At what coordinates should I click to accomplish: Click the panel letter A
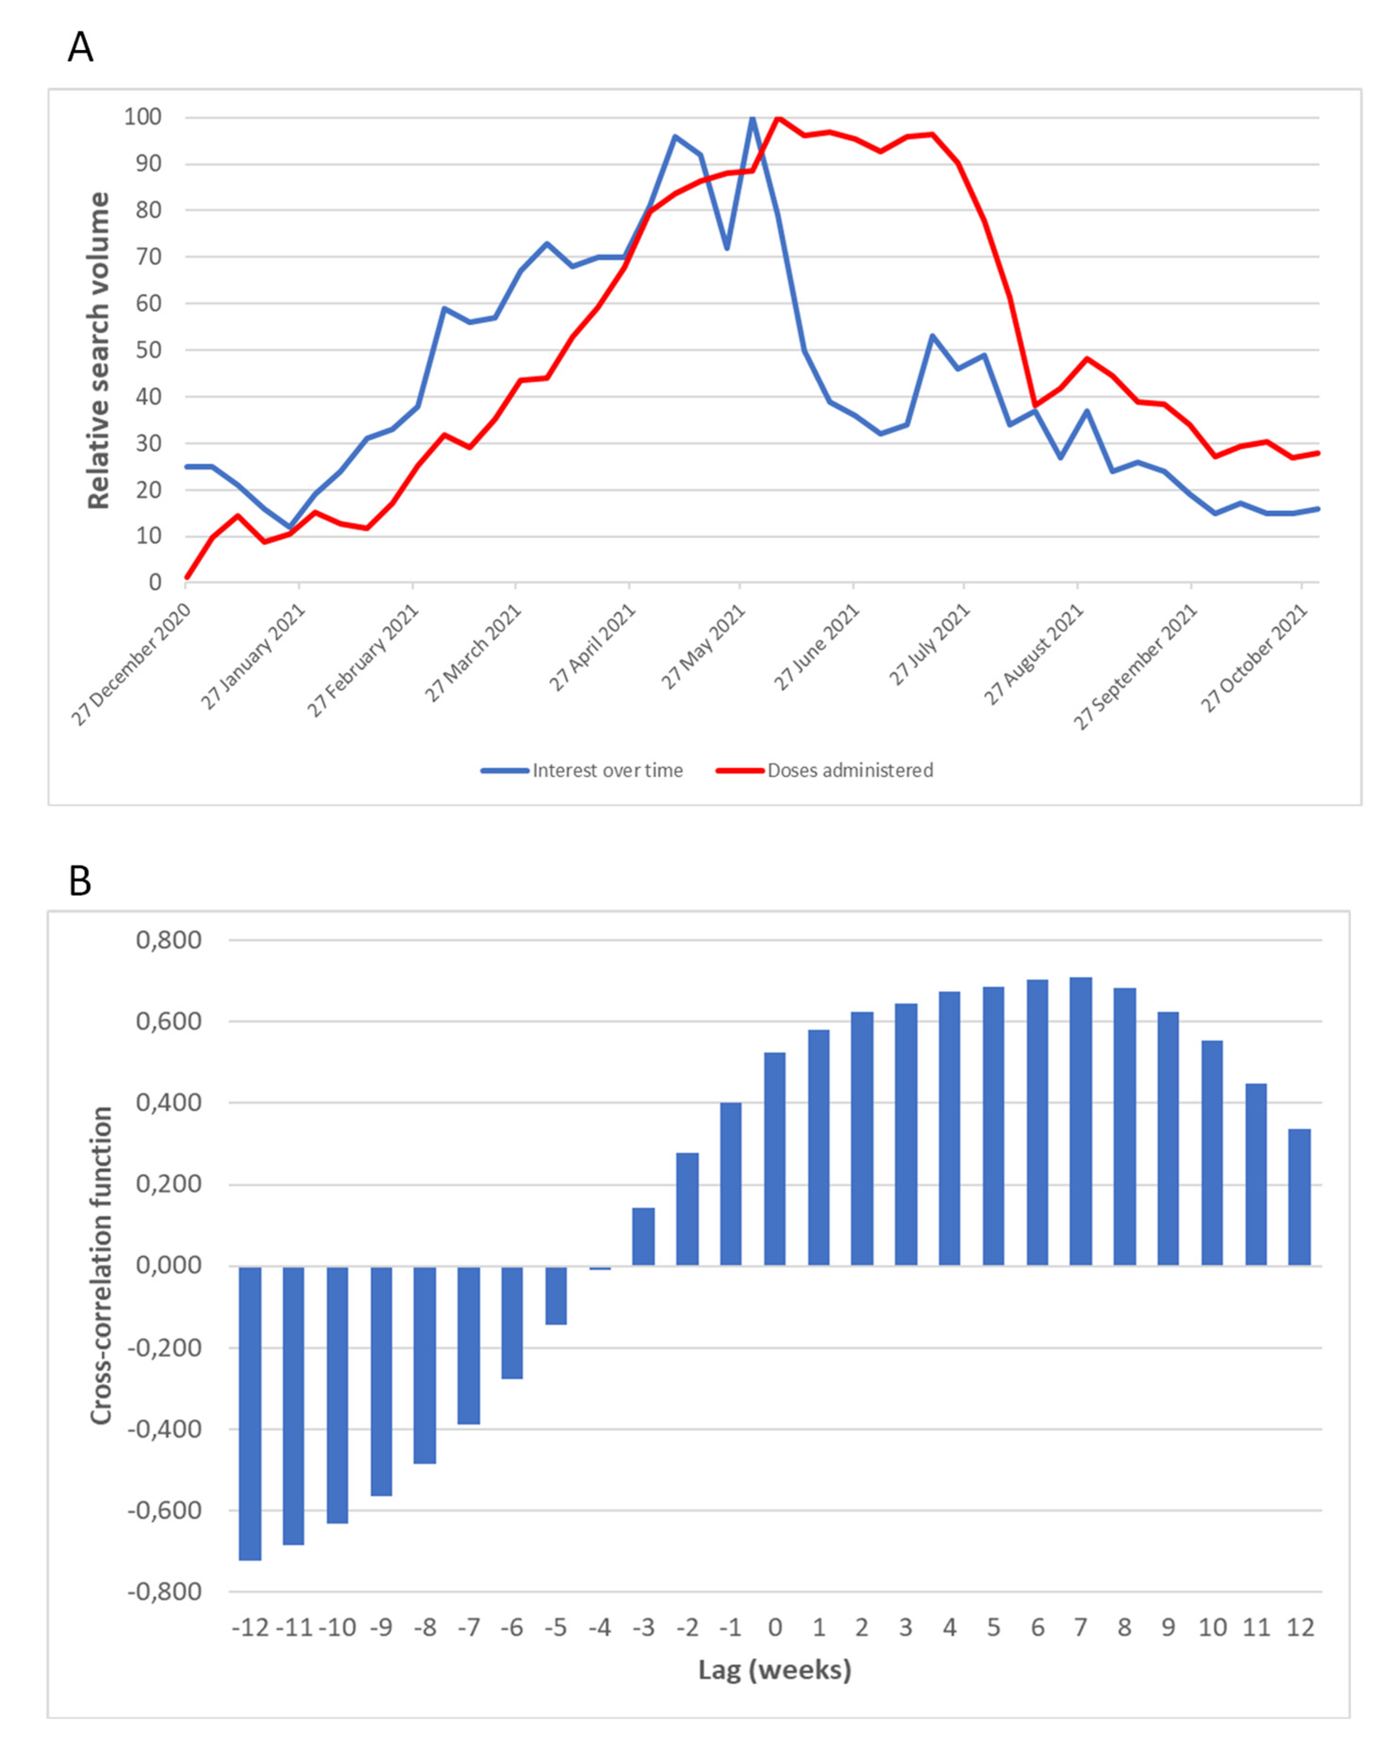[80, 48]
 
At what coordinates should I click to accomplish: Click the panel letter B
[80, 881]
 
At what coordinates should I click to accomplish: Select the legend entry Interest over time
[607, 770]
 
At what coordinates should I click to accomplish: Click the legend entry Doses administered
[850, 770]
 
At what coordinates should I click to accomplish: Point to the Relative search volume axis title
[98, 351]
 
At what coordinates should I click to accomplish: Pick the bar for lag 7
[1080, 1122]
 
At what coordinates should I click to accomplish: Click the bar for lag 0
[774, 1159]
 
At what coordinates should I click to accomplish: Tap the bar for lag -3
[643, 1237]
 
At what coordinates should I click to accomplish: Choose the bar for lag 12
[1299, 1197]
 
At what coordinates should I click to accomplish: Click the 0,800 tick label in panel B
[168, 940]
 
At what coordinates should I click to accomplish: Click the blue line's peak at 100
[752, 118]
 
